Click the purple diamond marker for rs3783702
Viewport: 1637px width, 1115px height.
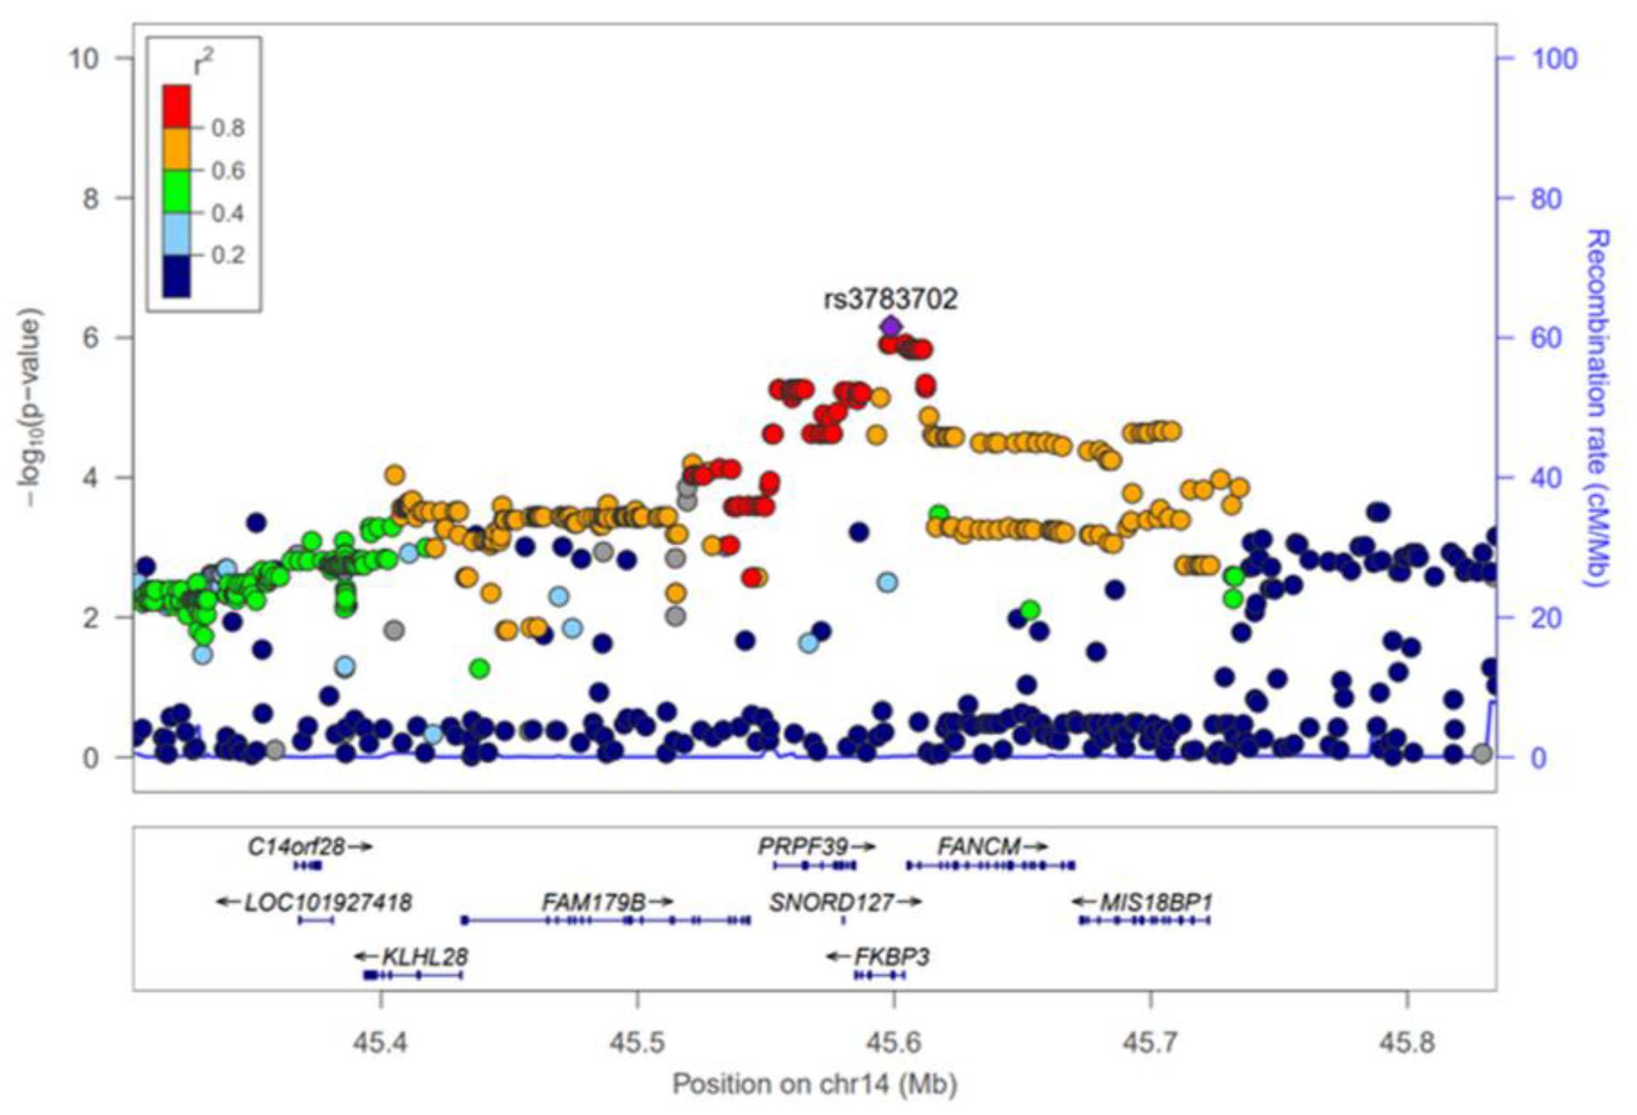click(x=890, y=327)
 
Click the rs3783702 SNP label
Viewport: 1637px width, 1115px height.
click(x=890, y=299)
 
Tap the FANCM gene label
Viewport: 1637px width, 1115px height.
click(x=979, y=846)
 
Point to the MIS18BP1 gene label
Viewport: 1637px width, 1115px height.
click(x=1157, y=901)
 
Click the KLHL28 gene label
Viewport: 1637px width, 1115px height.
click(x=424, y=956)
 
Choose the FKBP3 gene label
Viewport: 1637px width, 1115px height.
click(x=892, y=956)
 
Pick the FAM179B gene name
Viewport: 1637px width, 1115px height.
click(x=593, y=901)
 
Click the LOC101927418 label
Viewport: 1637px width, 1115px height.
click(x=328, y=901)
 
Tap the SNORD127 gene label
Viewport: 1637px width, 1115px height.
click(x=831, y=901)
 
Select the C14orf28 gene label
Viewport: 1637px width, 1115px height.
click(x=297, y=846)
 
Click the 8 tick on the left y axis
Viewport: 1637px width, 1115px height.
click(x=91, y=198)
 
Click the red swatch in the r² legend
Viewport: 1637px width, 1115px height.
click(x=176, y=105)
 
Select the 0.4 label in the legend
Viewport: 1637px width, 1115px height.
click(x=228, y=213)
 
